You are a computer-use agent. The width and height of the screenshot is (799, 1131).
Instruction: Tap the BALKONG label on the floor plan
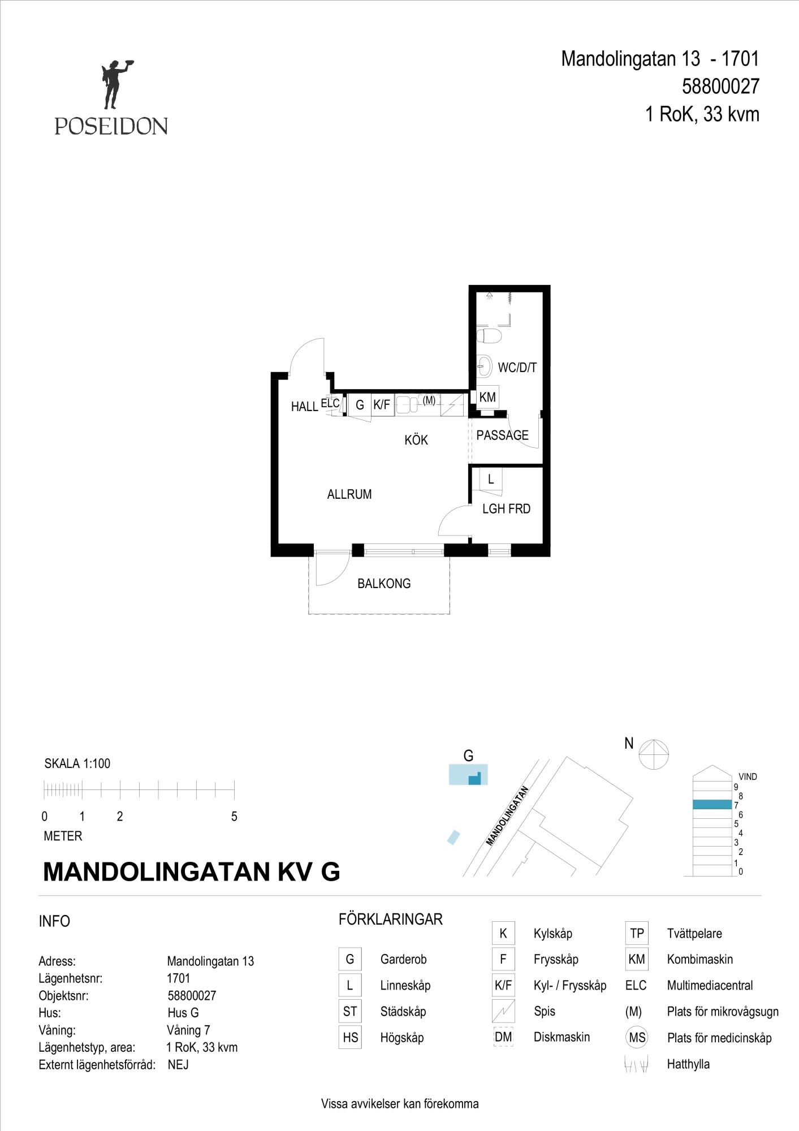(384, 584)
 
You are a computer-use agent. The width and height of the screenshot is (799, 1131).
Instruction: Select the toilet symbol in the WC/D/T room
(489, 336)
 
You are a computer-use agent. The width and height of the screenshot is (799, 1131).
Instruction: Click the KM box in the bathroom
(487, 398)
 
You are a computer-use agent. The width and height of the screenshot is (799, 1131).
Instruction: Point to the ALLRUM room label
(349, 494)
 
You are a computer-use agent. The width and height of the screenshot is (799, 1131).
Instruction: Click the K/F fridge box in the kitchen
(382, 405)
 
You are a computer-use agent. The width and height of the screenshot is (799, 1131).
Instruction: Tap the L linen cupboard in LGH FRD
(491, 479)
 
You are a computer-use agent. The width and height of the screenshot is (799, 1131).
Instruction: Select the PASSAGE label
(502, 435)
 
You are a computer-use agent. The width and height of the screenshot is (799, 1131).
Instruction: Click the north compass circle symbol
(654, 754)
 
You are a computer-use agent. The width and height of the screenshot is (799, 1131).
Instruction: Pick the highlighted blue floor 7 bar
(712, 805)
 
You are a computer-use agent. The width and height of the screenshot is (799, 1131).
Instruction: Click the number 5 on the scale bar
(234, 817)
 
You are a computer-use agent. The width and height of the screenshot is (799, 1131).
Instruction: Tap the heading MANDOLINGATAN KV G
(192, 871)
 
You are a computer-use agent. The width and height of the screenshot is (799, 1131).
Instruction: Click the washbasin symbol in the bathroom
(485, 366)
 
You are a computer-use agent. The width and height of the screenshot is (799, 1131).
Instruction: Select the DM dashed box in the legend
(503, 1037)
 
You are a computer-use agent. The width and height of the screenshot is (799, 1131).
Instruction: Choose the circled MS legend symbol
(637, 1038)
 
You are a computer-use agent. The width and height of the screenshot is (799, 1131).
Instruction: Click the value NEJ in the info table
(178, 1065)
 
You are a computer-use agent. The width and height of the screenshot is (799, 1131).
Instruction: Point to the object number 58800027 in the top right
(720, 87)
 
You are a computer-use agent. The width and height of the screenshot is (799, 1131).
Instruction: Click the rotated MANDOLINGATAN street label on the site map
(507, 816)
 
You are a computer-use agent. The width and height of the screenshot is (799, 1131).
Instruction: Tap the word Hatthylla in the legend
(688, 1064)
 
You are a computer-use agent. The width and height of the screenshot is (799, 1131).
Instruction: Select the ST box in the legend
(350, 1012)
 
